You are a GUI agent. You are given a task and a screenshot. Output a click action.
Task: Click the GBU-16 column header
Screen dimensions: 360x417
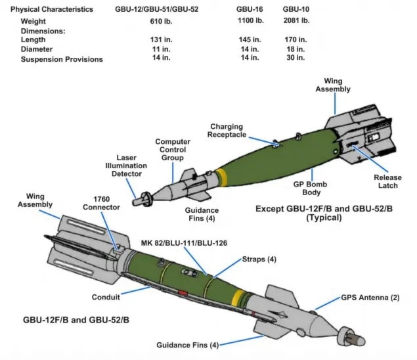tap(248, 10)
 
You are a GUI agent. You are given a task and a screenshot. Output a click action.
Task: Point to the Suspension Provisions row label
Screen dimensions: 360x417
tap(62, 59)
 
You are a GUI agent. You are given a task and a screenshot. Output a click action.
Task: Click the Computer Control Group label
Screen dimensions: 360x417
tap(173, 150)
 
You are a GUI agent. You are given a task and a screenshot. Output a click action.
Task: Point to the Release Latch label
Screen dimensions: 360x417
tap(387, 182)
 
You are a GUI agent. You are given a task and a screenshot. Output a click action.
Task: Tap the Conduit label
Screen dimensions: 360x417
tap(105, 297)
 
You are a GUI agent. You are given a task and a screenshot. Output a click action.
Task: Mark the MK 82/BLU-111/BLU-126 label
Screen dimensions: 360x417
tap(184, 242)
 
